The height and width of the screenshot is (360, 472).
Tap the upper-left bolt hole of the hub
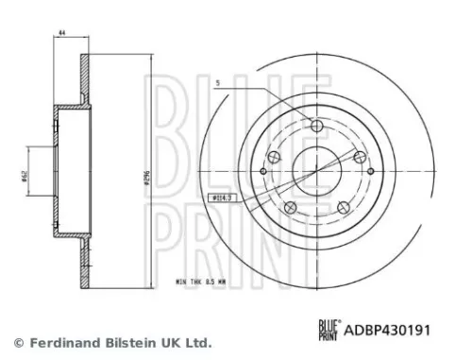tap(274, 157)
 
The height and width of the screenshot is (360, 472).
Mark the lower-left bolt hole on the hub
tap(289, 207)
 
